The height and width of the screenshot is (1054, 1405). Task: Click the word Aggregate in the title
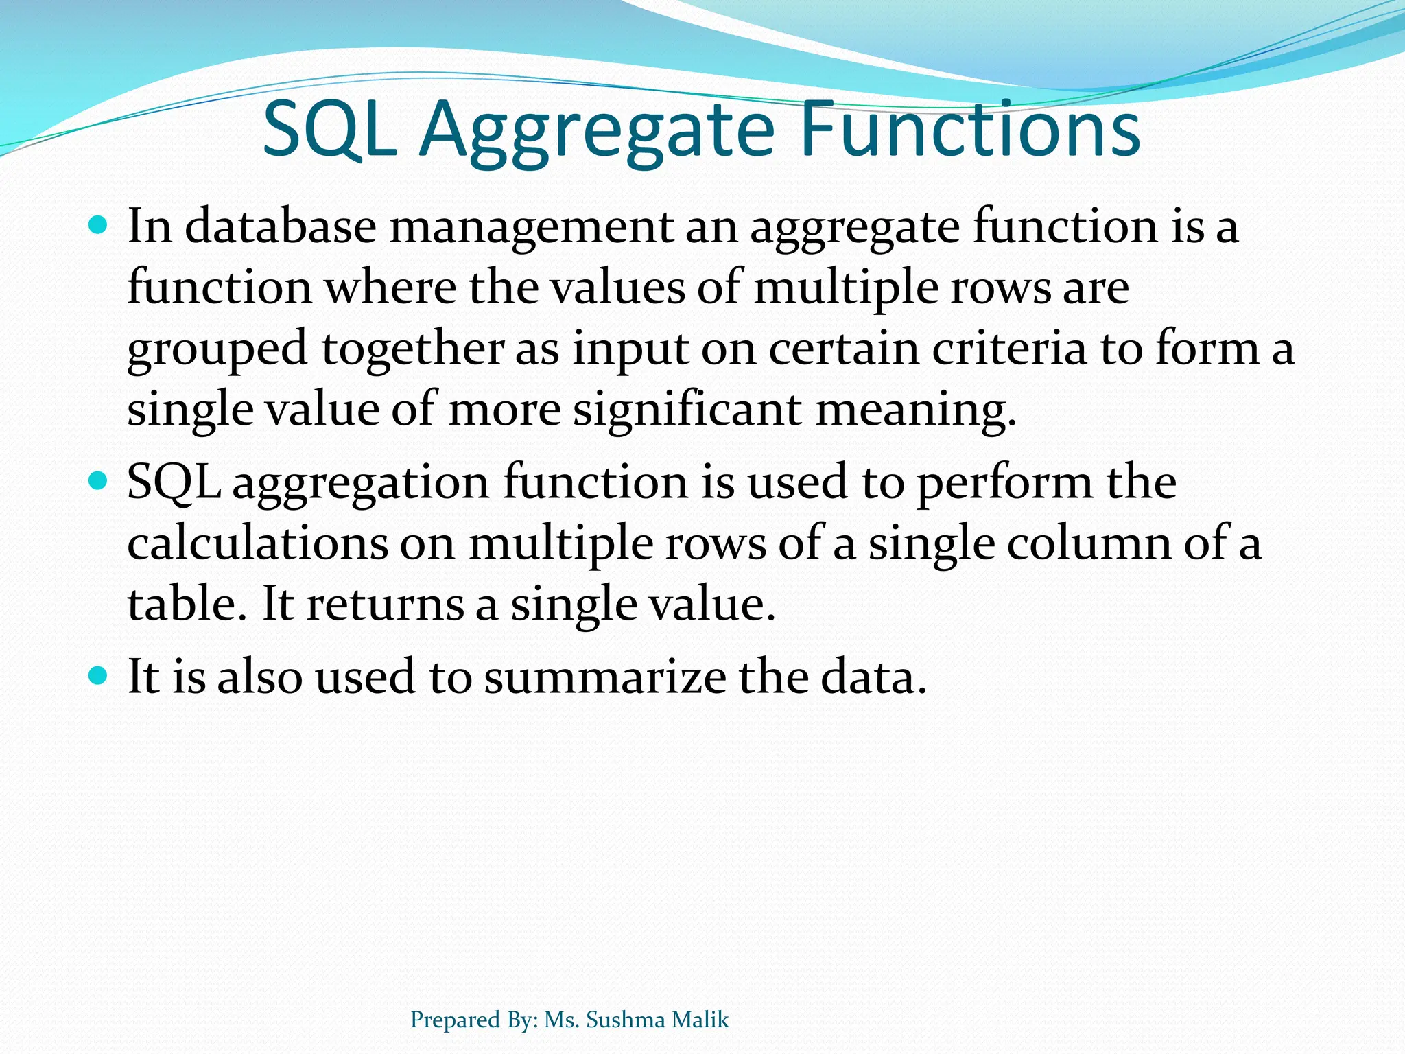597,130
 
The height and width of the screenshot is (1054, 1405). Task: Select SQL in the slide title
329,130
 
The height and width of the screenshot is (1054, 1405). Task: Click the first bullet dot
99,224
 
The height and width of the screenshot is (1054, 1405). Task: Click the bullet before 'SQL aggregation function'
99,480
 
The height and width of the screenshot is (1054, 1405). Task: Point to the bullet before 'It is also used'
99,675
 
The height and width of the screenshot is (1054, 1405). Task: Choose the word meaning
915,410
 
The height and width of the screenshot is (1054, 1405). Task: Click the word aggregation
361,483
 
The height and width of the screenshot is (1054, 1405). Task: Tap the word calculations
258,543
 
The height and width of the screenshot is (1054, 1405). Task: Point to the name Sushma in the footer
626,1020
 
